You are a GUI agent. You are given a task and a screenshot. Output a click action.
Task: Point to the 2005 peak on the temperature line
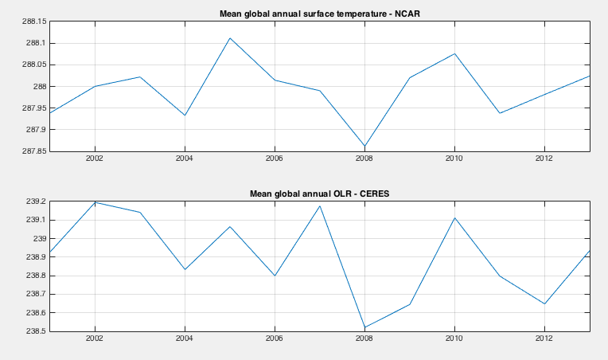click(229, 38)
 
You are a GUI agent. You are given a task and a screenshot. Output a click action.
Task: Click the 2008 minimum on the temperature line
click(364, 147)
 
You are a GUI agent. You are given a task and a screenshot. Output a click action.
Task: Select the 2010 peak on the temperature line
click(454, 53)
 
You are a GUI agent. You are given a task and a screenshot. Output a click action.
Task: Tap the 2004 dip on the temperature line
click(185, 115)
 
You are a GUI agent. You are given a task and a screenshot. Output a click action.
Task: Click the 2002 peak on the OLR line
click(95, 202)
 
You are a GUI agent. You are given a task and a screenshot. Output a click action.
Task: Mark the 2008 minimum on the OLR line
click(364, 327)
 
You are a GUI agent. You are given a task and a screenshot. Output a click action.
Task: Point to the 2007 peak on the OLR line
click(319, 206)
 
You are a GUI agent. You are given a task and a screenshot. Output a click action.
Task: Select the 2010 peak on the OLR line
click(454, 218)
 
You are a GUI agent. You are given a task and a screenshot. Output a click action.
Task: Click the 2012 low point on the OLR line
click(544, 303)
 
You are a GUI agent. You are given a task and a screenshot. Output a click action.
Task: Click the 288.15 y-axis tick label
click(35, 22)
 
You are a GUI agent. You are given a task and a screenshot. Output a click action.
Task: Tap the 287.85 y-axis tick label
click(35, 151)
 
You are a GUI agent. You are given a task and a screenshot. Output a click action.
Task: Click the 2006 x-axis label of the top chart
click(275, 160)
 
